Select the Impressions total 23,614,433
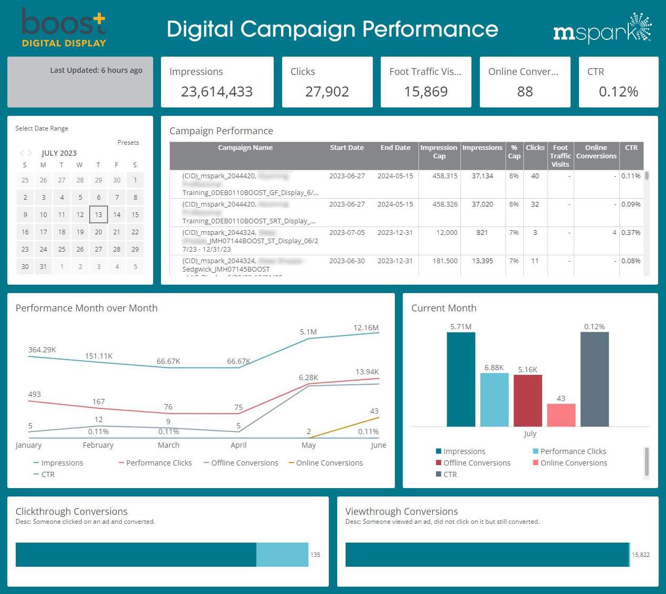pos(217,92)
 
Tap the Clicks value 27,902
pos(327,92)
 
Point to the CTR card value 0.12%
pos(618,92)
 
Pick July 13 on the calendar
pos(99,214)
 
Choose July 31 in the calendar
pos(44,266)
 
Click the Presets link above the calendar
pos(128,143)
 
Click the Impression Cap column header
pos(439,152)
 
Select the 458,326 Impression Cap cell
pos(445,204)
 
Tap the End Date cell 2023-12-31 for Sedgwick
pos(395,261)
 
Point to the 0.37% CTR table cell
pos(630,233)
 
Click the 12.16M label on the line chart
pos(366,328)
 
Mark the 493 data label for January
pos(35,394)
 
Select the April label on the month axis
pos(239,445)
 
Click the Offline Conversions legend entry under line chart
pos(244,463)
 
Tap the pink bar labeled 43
pos(561,415)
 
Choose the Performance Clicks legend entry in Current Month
pos(573,451)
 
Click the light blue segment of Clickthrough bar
pos(282,555)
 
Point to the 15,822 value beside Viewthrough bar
pos(640,555)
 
